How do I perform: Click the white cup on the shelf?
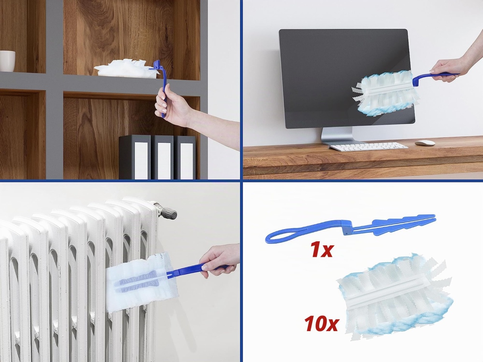coord(7,61)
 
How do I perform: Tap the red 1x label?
coord(321,250)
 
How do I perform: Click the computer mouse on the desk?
coord(425,143)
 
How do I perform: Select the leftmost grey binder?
coord(135,157)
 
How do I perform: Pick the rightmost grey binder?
coord(185,157)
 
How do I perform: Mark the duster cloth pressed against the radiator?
coord(142,282)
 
